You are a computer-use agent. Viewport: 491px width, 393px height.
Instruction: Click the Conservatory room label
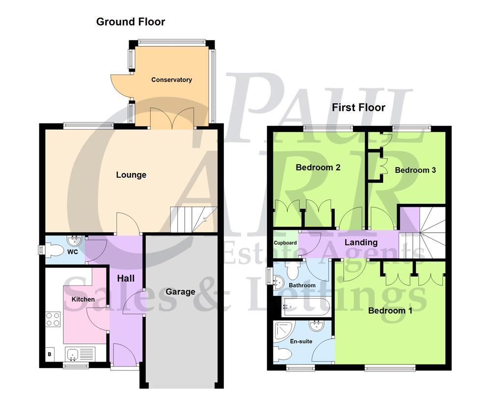pos(171,80)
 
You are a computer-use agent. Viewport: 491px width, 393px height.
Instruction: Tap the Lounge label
pos(131,175)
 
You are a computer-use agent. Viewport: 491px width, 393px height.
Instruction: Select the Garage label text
pos(180,292)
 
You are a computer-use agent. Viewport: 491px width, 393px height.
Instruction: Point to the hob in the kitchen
pos(54,319)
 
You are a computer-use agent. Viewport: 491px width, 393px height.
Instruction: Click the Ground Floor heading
pos(131,22)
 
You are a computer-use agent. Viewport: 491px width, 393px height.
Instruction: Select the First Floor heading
pos(358,107)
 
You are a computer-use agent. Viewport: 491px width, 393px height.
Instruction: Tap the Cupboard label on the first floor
pos(285,243)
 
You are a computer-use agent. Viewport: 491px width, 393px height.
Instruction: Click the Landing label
pos(361,242)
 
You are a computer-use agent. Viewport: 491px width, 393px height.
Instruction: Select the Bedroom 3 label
pos(415,170)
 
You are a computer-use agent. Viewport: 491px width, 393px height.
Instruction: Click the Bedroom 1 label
pos(390,310)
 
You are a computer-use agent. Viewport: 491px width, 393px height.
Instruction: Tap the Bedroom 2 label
pos(318,168)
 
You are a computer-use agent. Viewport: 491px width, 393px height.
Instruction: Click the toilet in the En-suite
pos(284,353)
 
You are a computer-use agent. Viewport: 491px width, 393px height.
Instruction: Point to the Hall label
pos(126,279)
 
